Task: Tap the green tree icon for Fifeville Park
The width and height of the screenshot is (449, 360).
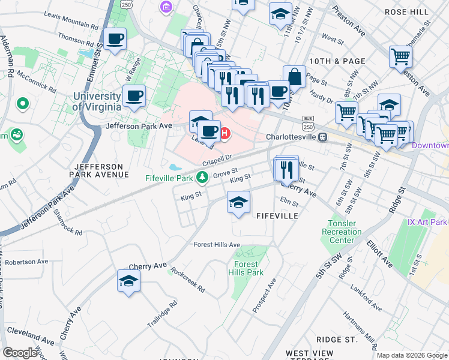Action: pos(203,178)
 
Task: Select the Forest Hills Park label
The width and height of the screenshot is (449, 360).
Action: pos(246,268)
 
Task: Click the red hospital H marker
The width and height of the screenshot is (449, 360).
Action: pos(225,133)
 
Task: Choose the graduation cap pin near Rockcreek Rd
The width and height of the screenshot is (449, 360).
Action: pos(128,281)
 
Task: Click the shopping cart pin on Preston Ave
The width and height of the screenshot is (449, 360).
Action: pos(400,57)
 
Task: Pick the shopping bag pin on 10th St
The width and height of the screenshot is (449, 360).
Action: pos(294,77)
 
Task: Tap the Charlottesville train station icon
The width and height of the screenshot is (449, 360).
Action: pos(323,137)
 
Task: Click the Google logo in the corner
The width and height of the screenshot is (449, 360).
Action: pos(20,352)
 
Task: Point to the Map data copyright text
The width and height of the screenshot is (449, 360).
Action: pos(412,355)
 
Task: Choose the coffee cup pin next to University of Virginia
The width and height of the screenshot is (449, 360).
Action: pos(134,96)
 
